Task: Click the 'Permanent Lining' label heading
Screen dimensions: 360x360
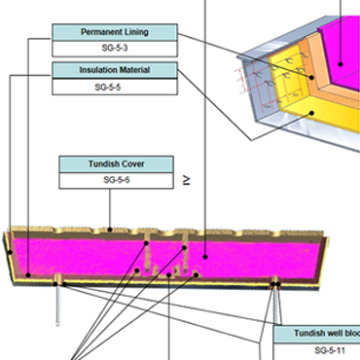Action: pyautogui.click(x=116, y=32)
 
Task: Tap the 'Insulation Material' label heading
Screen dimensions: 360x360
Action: pyautogui.click(x=116, y=70)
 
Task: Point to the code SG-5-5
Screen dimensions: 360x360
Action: pyautogui.click(x=116, y=86)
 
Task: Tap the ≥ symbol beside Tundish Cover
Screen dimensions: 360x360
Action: pyautogui.click(x=186, y=180)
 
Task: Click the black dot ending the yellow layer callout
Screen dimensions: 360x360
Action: pyautogui.click(x=311, y=113)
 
